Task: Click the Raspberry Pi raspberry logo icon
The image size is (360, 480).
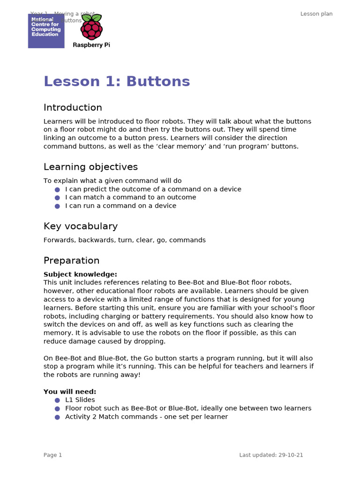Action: click(x=91, y=28)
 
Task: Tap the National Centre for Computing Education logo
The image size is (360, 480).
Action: click(x=46, y=31)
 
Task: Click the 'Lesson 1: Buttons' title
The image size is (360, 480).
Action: click(x=117, y=82)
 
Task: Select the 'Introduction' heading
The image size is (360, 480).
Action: click(x=73, y=108)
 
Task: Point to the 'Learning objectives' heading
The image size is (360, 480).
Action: click(x=90, y=167)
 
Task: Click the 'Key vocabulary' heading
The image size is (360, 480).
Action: click(x=80, y=226)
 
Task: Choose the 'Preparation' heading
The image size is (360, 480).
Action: click(x=71, y=261)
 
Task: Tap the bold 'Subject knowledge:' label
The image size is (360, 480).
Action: click(x=80, y=274)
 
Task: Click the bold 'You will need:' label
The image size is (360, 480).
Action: click(x=70, y=391)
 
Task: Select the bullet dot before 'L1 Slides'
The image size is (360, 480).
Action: click(x=57, y=400)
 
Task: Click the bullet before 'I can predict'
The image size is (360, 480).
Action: click(x=57, y=189)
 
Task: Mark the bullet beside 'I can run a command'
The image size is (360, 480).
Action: click(x=57, y=206)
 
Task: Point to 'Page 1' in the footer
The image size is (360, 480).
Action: click(x=52, y=455)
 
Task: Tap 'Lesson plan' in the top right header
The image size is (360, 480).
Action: click(x=316, y=14)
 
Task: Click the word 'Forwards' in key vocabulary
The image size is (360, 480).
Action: click(x=59, y=240)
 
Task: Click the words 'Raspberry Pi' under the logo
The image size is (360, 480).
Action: click(x=91, y=45)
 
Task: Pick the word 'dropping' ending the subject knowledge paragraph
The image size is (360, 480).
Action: click(x=151, y=341)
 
